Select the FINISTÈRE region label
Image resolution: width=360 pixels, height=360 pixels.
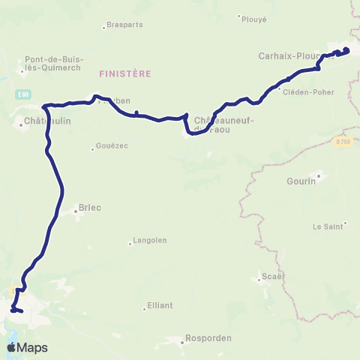click(x=125, y=73)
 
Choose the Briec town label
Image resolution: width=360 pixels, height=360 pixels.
click(x=89, y=208)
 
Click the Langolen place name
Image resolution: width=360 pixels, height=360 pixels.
click(x=149, y=240)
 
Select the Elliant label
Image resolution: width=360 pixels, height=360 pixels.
click(x=160, y=305)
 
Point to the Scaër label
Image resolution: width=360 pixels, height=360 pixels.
click(x=272, y=276)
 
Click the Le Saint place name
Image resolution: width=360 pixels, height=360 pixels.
click(x=328, y=226)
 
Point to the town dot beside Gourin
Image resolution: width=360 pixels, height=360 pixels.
click(x=319, y=177)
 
